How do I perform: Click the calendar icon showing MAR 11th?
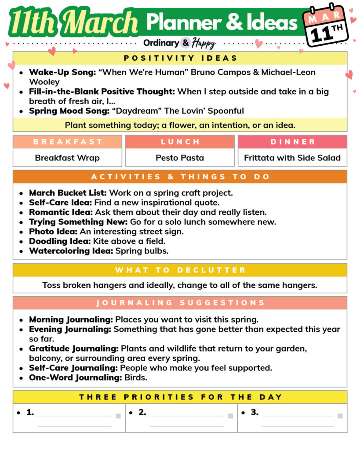pyautogui.click(x=326, y=26)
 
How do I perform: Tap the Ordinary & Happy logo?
pyautogui.click(x=179, y=43)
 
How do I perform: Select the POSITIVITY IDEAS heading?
pyautogui.click(x=180, y=58)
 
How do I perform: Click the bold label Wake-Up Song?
pyautogui.click(x=62, y=72)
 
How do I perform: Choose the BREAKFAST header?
pyautogui.click(x=67, y=142)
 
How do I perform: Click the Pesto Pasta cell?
pyautogui.click(x=180, y=158)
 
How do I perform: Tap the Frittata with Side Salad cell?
pyautogui.click(x=292, y=158)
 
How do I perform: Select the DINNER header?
pyautogui.click(x=293, y=142)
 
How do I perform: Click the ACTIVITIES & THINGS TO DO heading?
pyautogui.click(x=180, y=177)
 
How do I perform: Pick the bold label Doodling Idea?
pyautogui.click(x=60, y=241)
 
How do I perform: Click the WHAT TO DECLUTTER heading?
pyautogui.click(x=180, y=270)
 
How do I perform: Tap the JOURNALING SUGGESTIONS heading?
pyautogui.click(x=180, y=303)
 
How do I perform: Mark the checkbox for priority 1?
pyautogui.click(x=118, y=416)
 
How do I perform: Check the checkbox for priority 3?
pyautogui.click(x=340, y=416)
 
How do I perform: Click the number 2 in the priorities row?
pyautogui.click(x=142, y=413)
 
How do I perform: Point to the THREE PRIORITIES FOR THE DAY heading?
pyautogui.click(x=180, y=397)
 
